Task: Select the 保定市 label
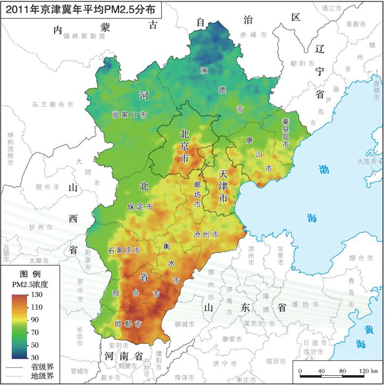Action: pyautogui.click(x=140, y=208)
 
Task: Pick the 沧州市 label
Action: pyautogui.click(x=206, y=235)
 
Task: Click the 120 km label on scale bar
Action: pyautogui.click(x=368, y=371)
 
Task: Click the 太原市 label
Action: pyautogui.click(x=35, y=261)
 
